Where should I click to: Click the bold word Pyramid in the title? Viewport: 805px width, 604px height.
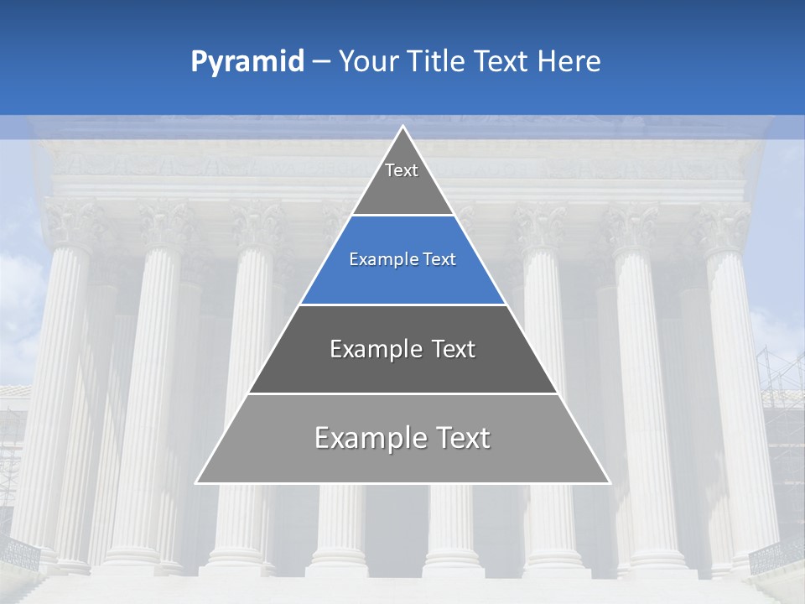[247, 61]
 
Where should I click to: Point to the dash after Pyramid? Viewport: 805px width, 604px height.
[321, 62]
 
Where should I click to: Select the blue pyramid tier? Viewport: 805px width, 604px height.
[402, 277]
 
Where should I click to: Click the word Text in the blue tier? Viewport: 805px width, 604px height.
[439, 259]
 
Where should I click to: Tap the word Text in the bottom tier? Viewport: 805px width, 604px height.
[462, 438]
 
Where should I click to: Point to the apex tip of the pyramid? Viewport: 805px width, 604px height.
[402, 128]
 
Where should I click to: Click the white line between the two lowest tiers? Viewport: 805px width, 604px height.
[402, 393]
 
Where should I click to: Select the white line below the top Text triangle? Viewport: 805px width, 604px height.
[402, 216]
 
